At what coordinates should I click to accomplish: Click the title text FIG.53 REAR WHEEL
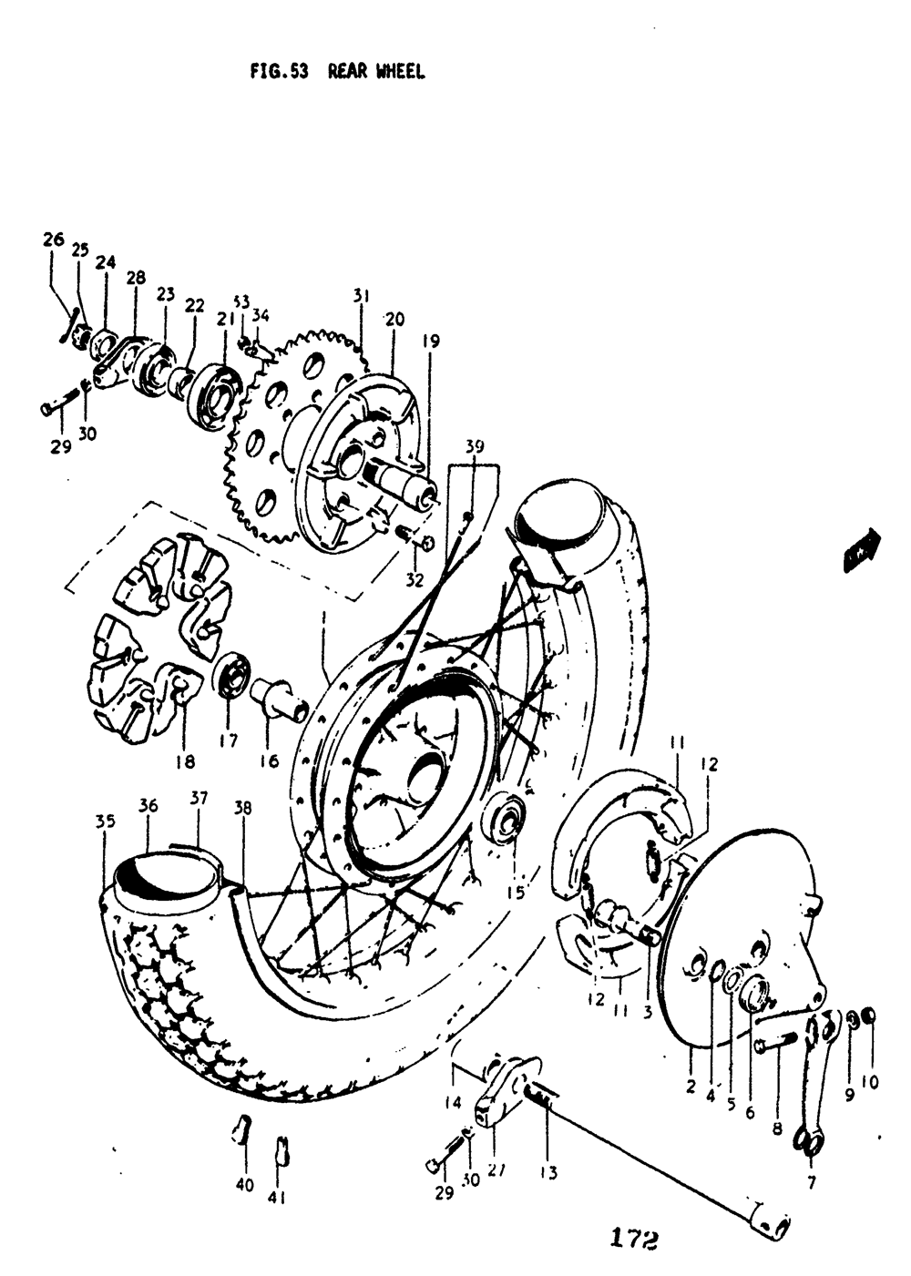click(337, 72)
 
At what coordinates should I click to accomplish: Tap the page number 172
click(629, 1240)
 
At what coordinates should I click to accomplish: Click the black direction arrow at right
click(861, 551)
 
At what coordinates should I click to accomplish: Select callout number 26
click(53, 240)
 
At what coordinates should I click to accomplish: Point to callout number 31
click(362, 295)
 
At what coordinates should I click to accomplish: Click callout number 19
click(431, 342)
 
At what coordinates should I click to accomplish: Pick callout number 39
click(475, 446)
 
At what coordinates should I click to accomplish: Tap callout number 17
click(228, 741)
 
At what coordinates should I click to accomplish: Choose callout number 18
click(185, 760)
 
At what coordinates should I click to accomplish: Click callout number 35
click(105, 821)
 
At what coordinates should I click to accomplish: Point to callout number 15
click(516, 893)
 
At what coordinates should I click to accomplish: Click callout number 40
click(244, 1185)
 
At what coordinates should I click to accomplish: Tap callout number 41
click(278, 1198)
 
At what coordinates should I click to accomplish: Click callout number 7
click(810, 1183)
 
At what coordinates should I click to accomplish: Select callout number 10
click(869, 1082)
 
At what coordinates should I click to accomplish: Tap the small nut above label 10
click(868, 1016)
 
